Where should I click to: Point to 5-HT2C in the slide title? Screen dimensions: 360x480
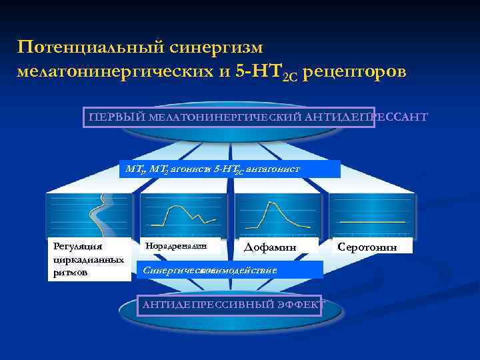point(263,71)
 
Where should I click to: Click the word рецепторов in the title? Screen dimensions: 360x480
point(353,71)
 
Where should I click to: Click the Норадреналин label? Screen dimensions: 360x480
point(176,246)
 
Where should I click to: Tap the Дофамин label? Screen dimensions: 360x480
point(270,247)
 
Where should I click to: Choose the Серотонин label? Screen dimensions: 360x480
point(367,247)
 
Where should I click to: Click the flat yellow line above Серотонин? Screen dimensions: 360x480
point(372,221)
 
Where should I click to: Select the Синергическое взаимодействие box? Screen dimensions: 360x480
point(229,269)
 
